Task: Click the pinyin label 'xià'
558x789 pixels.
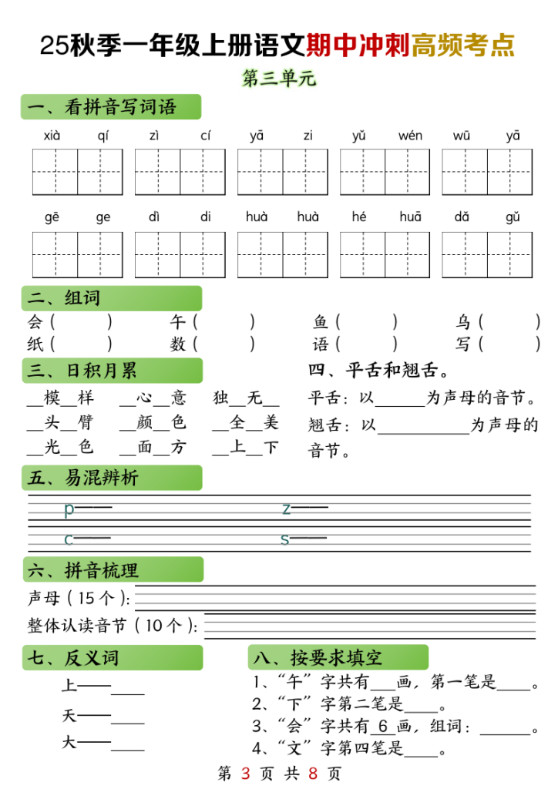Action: (x=52, y=136)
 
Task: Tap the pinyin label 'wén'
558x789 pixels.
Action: (x=410, y=136)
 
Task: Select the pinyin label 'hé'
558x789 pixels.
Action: (x=359, y=217)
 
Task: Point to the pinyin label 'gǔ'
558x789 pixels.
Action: (x=513, y=217)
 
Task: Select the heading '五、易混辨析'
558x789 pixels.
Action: (x=83, y=478)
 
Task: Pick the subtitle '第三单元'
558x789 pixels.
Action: (x=279, y=79)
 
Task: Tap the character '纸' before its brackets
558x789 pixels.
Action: (x=35, y=344)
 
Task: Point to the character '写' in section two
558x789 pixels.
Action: (x=463, y=344)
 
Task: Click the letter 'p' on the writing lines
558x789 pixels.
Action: (x=69, y=509)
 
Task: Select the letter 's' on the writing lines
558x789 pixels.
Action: (x=285, y=539)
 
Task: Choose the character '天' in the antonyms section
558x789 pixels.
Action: (x=69, y=717)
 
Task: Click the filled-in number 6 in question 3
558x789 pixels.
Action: (x=382, y=726)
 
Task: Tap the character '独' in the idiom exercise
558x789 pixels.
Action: (x=221, y=398)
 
